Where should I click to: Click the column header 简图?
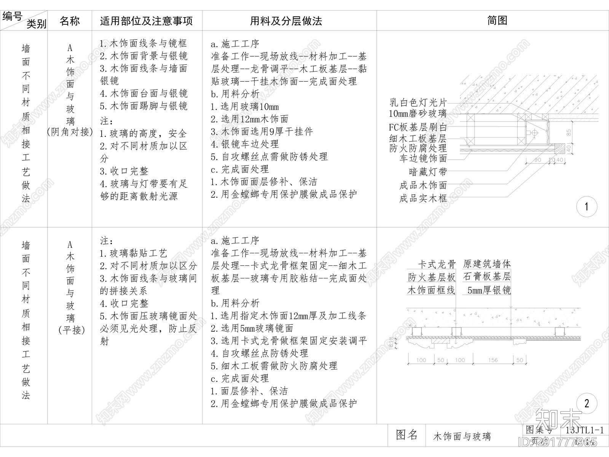pos(497,21)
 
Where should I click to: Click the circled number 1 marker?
pos(586,207)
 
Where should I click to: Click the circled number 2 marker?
pos(586,403)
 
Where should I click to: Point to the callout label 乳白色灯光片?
pos(418,102)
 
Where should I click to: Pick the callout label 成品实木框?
pos(423,198)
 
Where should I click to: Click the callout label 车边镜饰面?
pos(423,158)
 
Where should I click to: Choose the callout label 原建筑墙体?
pos(487,264)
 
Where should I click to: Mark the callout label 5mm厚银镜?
pos(489,291)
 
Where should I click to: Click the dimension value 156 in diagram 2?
pos(493,360)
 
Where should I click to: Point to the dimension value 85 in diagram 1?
pos(569,133)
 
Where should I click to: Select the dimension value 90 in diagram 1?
pos(537,160)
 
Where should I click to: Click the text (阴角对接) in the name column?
pos(70,132)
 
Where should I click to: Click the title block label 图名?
pos(407,435)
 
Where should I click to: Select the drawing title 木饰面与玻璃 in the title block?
pos(462,436)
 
